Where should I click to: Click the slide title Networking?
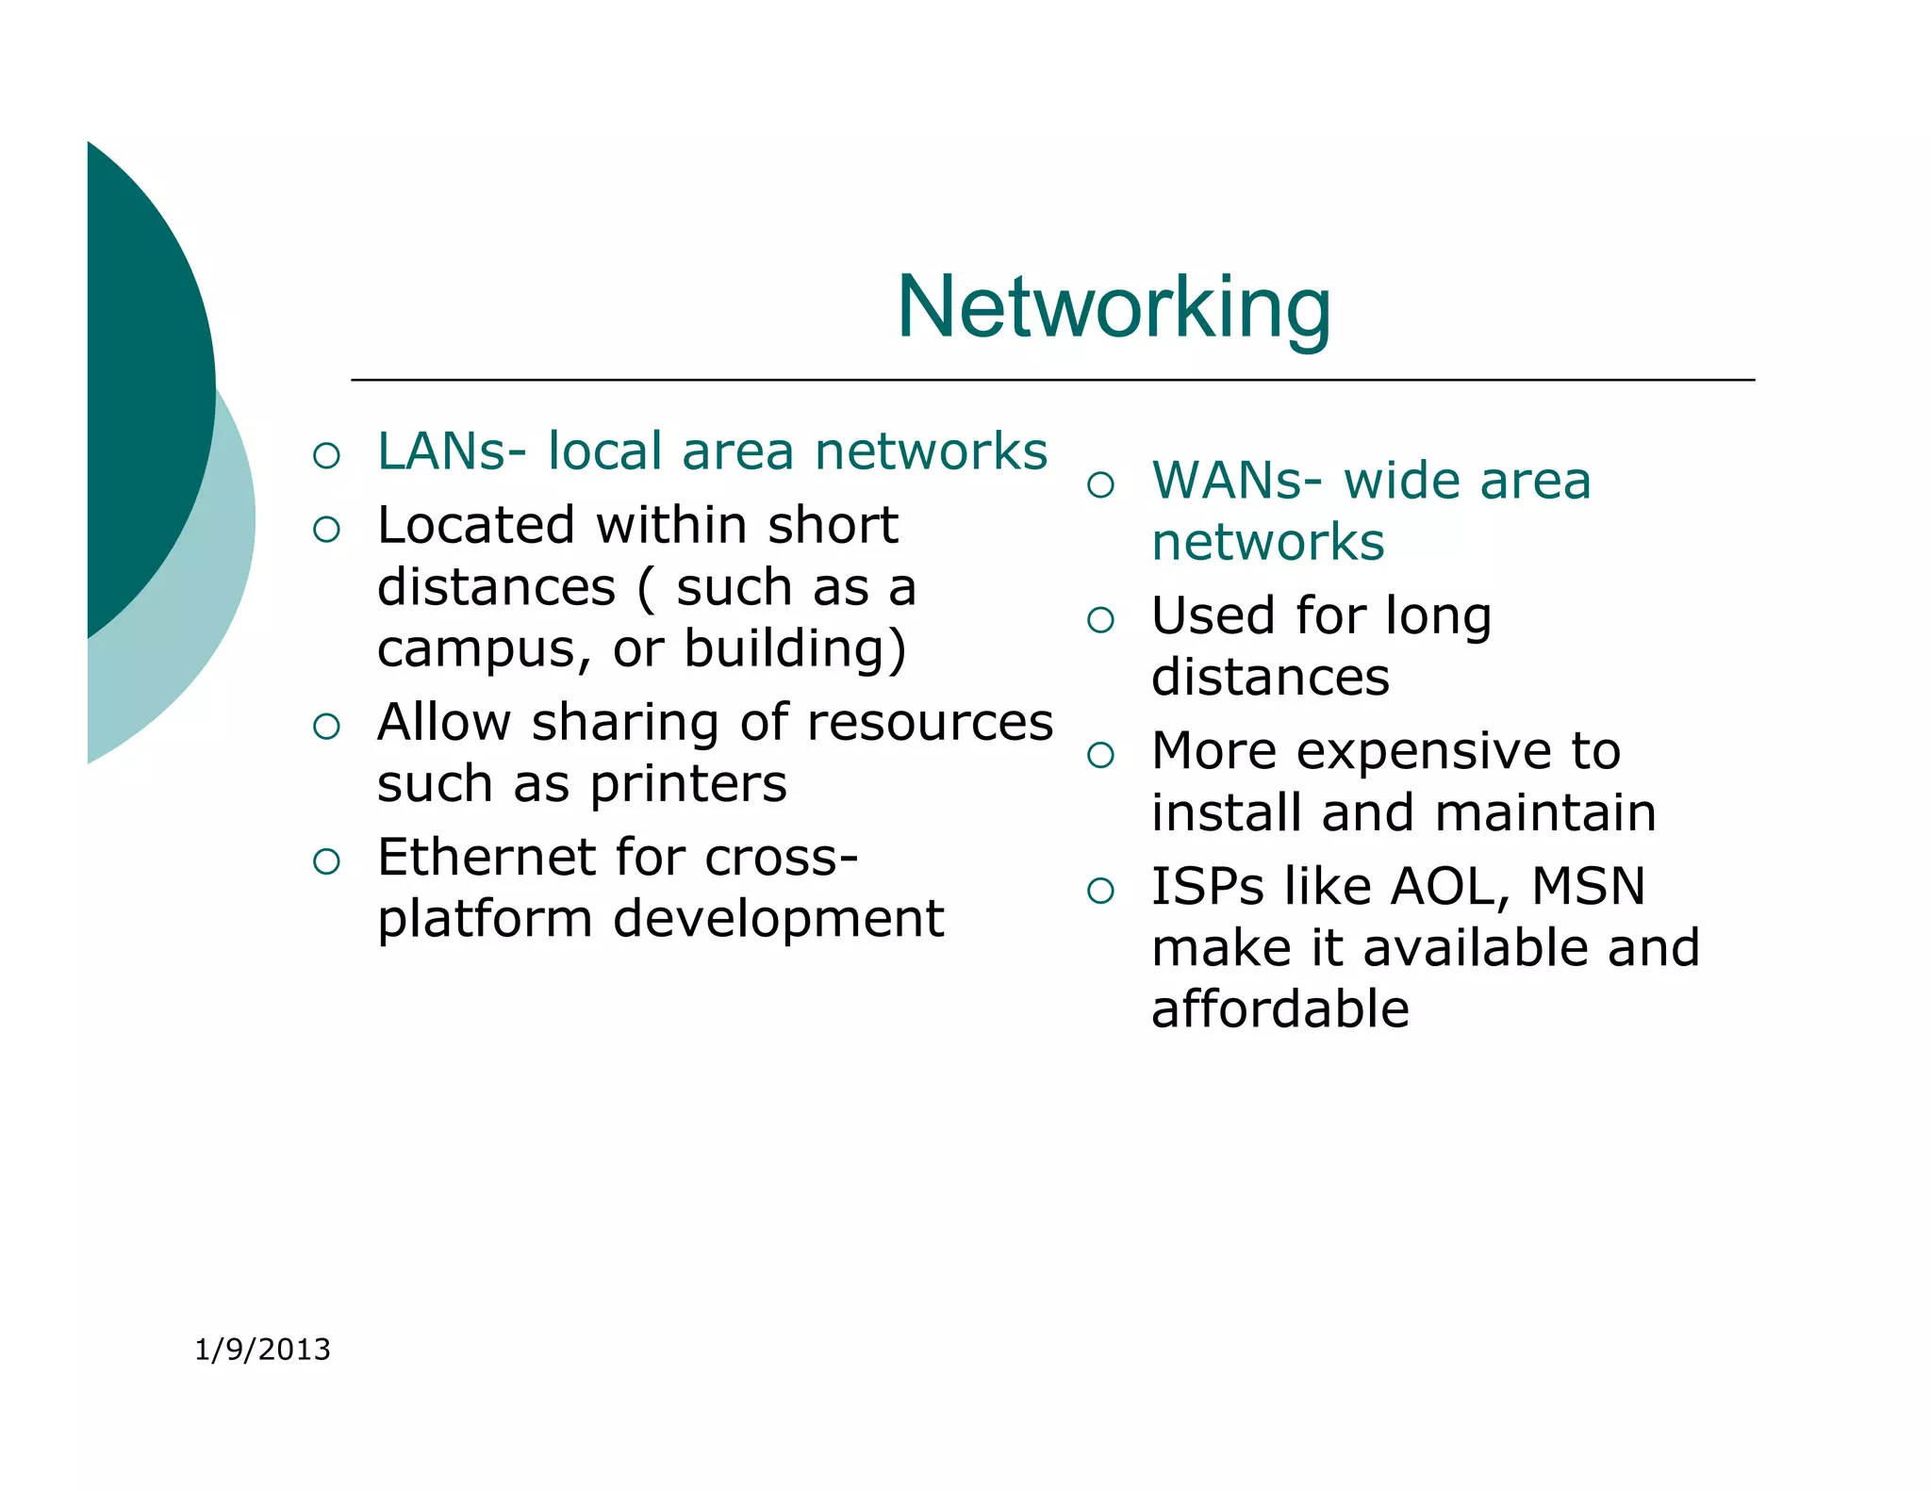click(x=1114, y=308)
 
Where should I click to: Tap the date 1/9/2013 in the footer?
click(x=262, y=1350)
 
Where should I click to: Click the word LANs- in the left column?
click(x=452, y=451)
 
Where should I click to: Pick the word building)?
click(x=795, y=650)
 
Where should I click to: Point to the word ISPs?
click(x=1208, y=887)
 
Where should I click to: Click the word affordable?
click(x=1279, y=1009)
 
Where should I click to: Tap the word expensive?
click(x=1426, y=752)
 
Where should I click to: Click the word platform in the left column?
click(x=485, y=920)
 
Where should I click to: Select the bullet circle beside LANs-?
click(x=326, y=456)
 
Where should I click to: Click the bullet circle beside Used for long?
click(x=1100, y=620)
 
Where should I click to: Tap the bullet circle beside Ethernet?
click(x=326, y=861)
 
